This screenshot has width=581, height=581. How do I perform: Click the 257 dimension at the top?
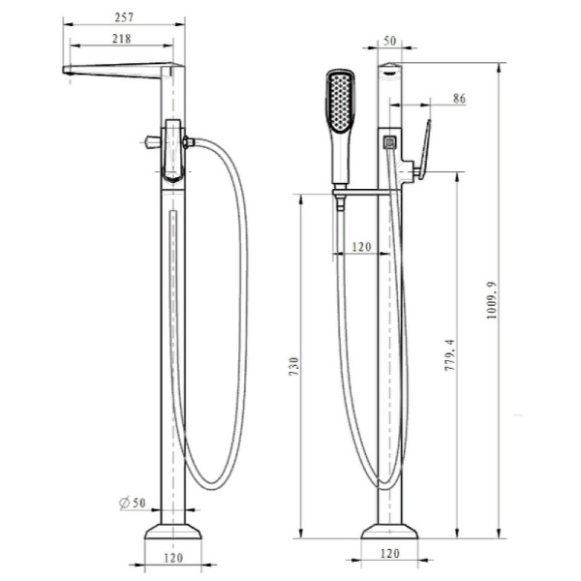click(x=122, y=16)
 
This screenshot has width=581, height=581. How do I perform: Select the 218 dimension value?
click(x=122, y=40)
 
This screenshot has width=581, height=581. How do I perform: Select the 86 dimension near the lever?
click(x=458, y=98)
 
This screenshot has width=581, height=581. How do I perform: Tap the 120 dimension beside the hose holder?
click(x=360, y=247)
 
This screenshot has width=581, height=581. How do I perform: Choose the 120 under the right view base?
click(x=390, y=554)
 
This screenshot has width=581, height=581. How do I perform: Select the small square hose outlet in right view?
click(x=390, y=142)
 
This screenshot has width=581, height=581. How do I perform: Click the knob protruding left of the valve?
click(x=150, y=143)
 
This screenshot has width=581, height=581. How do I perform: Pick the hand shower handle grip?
click(x=340, y=160)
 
